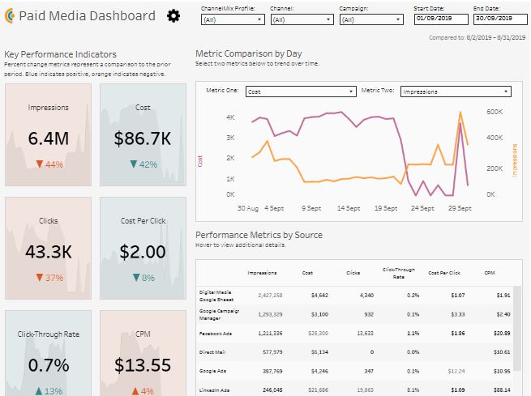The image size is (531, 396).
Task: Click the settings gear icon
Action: [173, 16]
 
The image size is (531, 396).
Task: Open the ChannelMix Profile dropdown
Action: [230, 19]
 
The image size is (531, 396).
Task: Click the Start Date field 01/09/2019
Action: [439, 18]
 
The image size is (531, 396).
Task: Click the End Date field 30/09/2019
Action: [494, 18]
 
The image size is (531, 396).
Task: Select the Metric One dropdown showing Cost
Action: [301, 92]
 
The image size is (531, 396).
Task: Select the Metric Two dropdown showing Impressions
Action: [455, 92]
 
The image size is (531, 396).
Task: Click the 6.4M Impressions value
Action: [48, 139]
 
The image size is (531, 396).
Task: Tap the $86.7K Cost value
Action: [143, 139]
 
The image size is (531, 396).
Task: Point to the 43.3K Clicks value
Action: [48, 252]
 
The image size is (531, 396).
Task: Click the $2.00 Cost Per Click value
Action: [143, 252]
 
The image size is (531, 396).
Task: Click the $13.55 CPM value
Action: [143, 364]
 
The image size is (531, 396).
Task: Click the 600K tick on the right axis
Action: [495, 113]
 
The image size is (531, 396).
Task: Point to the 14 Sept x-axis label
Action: [349, 208]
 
